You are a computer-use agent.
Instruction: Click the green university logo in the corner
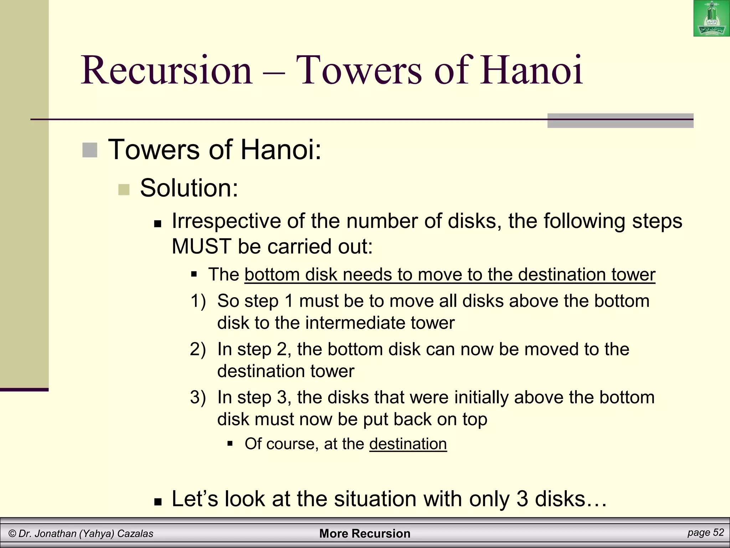711,18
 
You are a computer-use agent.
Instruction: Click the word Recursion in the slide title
167,70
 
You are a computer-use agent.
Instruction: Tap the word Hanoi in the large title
531,70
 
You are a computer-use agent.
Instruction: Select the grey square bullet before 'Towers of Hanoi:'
89,150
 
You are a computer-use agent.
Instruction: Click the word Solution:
189,188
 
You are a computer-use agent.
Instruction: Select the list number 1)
198,301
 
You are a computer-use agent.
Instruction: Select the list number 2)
198,349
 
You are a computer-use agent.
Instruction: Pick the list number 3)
198,397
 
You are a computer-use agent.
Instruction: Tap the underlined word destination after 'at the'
408,444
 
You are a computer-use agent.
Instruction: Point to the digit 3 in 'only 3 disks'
522,499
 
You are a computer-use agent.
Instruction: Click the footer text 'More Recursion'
365,533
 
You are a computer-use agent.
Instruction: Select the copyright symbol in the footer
12,534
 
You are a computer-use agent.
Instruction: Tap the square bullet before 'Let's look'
158,502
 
